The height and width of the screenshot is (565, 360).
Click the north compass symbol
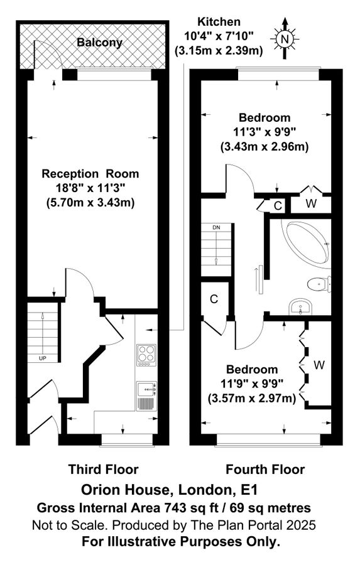pos(285,39)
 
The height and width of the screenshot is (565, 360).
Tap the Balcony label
pos(100,43)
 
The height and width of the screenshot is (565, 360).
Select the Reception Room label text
pos(90,174)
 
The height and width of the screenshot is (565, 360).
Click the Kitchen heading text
pos(217,22)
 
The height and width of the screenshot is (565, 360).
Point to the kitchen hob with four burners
pos(146,355)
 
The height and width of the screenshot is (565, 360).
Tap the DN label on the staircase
pos(216,227)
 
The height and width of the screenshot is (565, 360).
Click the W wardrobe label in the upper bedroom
pos(311,204)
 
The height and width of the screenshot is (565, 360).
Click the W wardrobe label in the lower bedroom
pos(319,364)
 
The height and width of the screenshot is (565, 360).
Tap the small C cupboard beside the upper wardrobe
pos(277,205)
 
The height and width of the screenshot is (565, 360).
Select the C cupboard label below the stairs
pos(214,299)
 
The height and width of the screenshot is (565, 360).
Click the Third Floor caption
pos(103,469)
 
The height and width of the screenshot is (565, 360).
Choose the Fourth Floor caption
pos(265,469)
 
